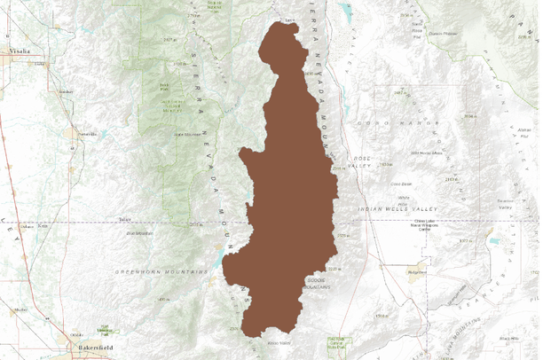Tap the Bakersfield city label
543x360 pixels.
96,346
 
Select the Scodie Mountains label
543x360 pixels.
317,284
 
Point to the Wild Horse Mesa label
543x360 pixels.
401,153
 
